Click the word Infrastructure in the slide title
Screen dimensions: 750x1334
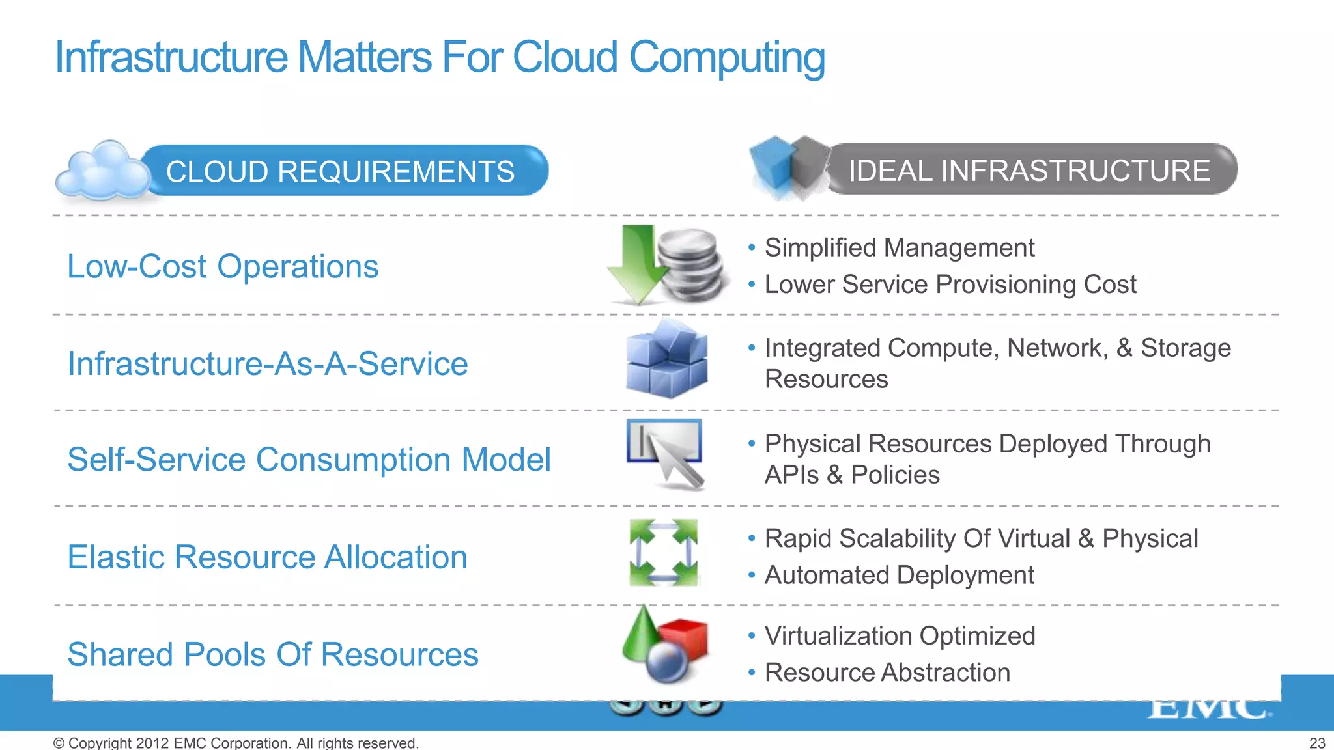pyautogui.click(x=171, y=57)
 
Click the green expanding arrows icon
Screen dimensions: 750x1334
pyautogui.click(x=664, y=552)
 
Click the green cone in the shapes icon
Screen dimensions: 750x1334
pyautogui.click(x=642, y=632)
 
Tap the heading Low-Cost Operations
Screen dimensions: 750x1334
pyautogui.click(x=223, y=266)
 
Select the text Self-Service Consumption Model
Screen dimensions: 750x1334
pyautogui.click(x=309, y=460)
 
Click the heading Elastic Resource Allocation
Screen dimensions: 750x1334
pyautogui.click(x=268, y=557)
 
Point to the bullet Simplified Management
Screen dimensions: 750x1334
pyautogui.click(x=899, y=248)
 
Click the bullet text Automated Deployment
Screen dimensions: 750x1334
pyautogui.click(x=899, y=576)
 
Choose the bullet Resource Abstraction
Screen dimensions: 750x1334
pyautogui.click(x=887, y=673)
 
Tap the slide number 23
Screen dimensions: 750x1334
pyautogui.click(x=1317, y=743)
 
